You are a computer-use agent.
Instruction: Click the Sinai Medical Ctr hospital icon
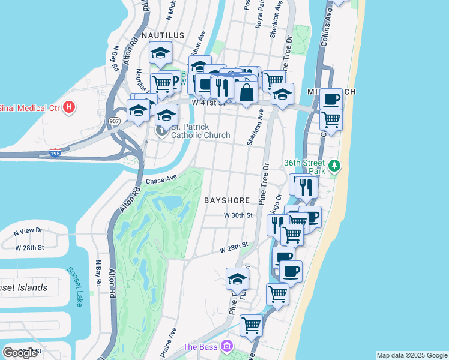point(70,108)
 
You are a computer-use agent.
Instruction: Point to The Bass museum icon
point(226,346)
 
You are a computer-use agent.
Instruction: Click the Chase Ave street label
point(161,179)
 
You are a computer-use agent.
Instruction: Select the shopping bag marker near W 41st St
point(246,92)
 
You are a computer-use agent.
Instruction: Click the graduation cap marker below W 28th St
point(238,278)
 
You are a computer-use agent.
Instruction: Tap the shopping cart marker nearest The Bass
point(252,325)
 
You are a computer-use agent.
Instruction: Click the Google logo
point(20,353)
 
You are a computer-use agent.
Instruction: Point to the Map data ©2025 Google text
point(411,355)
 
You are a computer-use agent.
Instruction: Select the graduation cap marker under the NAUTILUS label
point(160,53)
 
